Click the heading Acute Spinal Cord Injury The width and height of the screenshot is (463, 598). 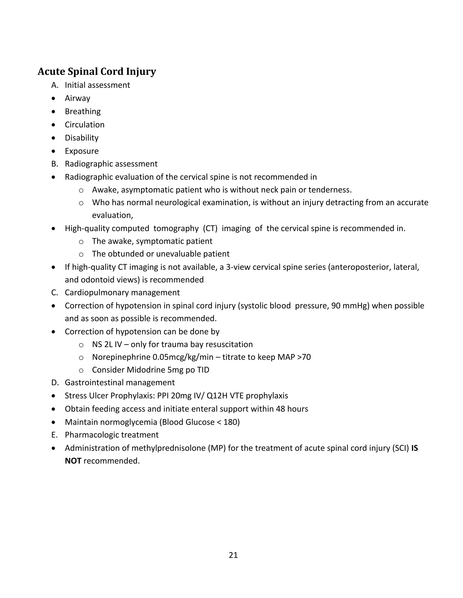[x=97, y=72]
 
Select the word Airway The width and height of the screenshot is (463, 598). [x=77, y=98]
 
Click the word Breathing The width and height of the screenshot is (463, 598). [x=83, y=111]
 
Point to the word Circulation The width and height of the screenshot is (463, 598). [x=85, y=125]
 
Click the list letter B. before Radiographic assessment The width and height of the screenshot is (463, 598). [x=54, y=164]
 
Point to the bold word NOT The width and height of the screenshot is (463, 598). [x=73, y=461]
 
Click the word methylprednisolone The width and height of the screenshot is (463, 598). [x=168, y=448]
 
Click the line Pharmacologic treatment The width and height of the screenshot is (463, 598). [x=111, y=435]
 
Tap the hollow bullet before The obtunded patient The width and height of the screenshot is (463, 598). [x=81, y=254]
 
